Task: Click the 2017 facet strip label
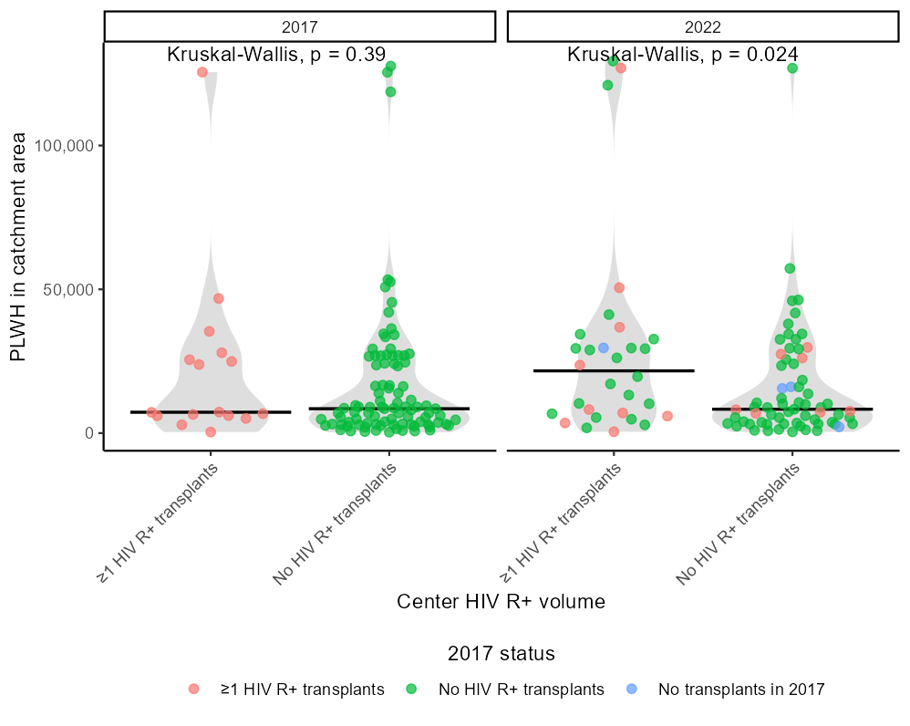[300, 27]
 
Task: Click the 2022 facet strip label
[702, 27]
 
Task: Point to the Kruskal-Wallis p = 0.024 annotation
[683, 54]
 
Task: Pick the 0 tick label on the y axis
[88, 433]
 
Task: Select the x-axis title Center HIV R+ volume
[501, 602]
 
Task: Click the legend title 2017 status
[502, 654]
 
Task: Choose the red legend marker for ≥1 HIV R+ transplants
[193, 690]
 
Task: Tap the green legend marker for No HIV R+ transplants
[413, 690]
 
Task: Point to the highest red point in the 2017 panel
[202, 72]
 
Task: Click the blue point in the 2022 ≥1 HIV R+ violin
[603, 348]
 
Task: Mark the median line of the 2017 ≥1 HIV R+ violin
[211, 412]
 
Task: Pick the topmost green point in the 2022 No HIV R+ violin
[792, 68]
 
